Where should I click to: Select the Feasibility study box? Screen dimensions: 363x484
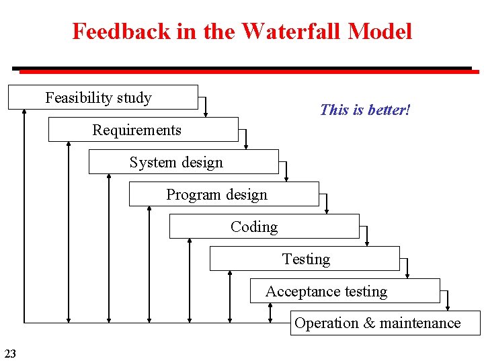click(103, 97)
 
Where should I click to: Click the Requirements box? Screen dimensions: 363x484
click(143, 130)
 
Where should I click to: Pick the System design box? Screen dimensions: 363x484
click(184, 162)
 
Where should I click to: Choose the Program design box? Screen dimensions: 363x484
click(224, 194)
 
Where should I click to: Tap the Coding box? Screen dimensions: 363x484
click(264, 227)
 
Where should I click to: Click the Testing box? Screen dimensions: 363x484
click(305, 259)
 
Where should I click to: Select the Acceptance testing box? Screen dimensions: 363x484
click(345, 291)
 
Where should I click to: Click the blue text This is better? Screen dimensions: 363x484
click(365, 110)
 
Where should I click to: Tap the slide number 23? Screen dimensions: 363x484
click(11, 353)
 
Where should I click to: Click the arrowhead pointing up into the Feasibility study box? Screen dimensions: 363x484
click(24, 112)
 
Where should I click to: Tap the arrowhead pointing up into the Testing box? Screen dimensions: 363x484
click(230, 274)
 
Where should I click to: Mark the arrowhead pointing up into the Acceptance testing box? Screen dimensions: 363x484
click(270, 306)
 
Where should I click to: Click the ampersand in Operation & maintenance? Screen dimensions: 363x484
click(370, 323)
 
